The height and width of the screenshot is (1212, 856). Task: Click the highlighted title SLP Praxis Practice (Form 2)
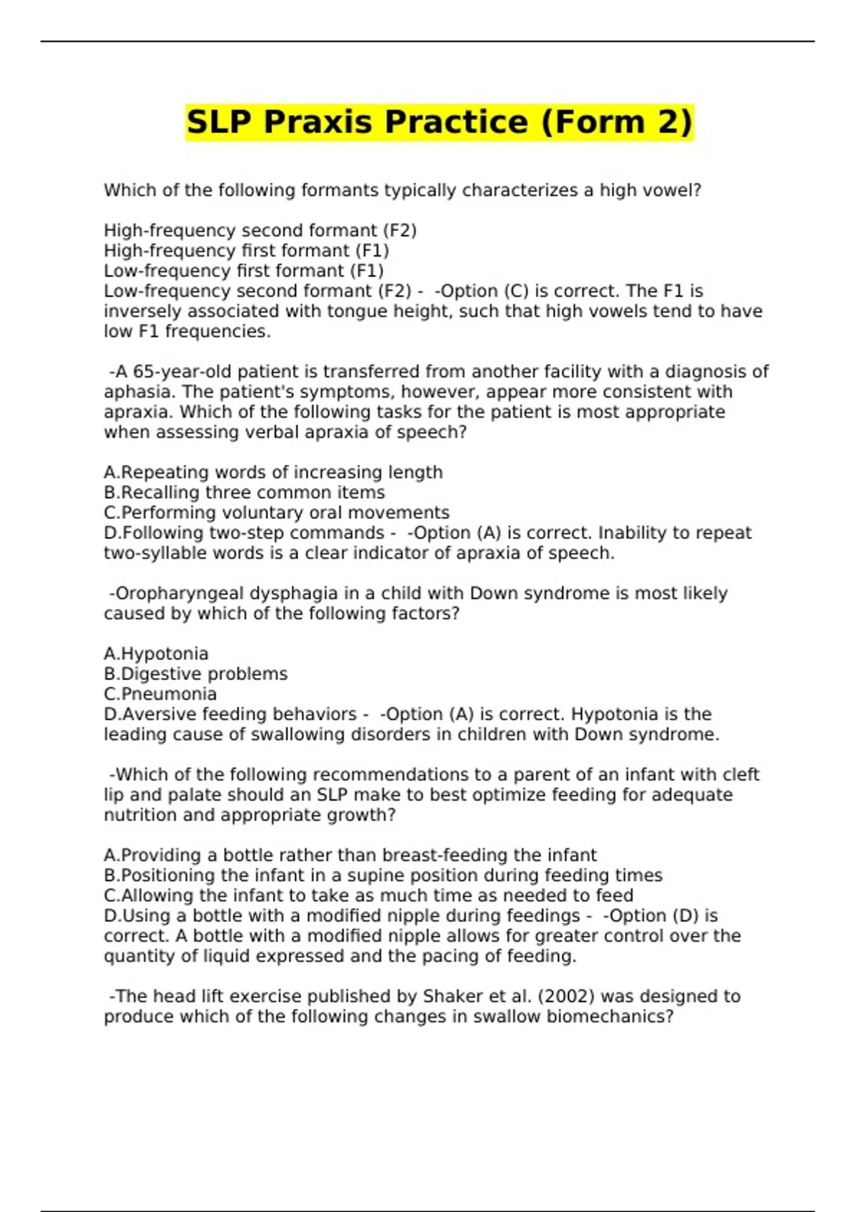(439, 122)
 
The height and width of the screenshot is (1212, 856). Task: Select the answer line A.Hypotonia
(156, 654)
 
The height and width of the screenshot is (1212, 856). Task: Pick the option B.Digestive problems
(195, 674)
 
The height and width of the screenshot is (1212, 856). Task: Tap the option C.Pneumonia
(160, 694)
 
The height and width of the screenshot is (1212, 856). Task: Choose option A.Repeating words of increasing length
(273, 472)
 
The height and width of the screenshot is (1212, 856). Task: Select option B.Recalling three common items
(244, 493)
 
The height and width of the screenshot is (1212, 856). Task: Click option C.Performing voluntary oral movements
(276, 513)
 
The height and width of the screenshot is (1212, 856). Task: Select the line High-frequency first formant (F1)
(246, 251)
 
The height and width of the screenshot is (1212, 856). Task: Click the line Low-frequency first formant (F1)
(243, 271)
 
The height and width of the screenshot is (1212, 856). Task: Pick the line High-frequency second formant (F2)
(260, 231)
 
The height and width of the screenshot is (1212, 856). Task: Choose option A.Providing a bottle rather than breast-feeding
(350, 855)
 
